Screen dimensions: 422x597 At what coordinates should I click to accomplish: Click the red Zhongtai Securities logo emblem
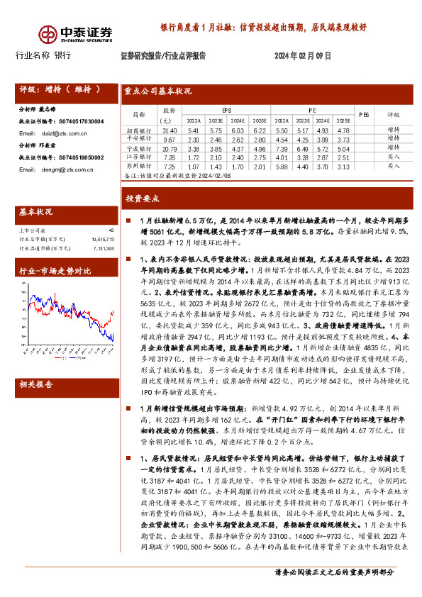[x=48, y=33]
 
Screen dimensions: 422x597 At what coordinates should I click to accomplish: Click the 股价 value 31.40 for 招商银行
[x=170, y=131]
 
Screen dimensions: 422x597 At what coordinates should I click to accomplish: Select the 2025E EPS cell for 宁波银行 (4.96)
[x=260, y=149]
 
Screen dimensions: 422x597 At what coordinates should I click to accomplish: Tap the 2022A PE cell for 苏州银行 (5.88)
[x=282, y=166]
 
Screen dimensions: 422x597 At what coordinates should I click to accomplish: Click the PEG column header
[x=365, y=113]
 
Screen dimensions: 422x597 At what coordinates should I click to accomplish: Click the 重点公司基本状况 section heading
[x=158, y=91]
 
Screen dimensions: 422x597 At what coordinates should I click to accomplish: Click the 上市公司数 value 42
[x=111, y=230]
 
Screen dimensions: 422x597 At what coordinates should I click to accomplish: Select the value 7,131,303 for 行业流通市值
[x=101, y=249]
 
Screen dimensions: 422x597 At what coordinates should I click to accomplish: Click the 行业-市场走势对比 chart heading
[x=55, y=270]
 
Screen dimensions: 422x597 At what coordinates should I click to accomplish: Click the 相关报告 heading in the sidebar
[x=35, y=384]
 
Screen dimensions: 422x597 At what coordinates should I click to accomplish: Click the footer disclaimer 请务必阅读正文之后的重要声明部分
[x=335, y=590]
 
